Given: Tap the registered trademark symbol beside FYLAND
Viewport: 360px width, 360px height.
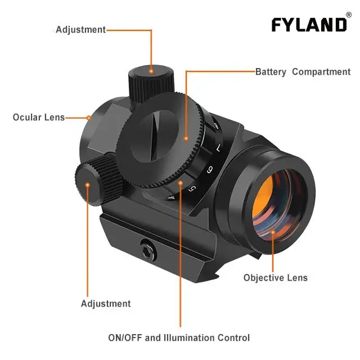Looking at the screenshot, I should [349, 15].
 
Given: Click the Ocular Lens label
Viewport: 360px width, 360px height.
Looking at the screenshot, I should [38, 118].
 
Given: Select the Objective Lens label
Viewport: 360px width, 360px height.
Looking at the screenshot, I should [276, 277].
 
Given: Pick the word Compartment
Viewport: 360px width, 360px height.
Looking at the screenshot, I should [321, 72].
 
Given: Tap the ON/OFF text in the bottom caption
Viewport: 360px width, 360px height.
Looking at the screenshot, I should [125, 338].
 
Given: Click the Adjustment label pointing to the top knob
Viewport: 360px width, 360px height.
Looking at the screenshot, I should [80, 29].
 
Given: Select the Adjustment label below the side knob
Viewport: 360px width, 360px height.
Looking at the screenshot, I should [106, 304].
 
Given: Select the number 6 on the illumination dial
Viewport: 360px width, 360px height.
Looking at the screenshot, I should [210, 169].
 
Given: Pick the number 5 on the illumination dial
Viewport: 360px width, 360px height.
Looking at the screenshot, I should [191, 188].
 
